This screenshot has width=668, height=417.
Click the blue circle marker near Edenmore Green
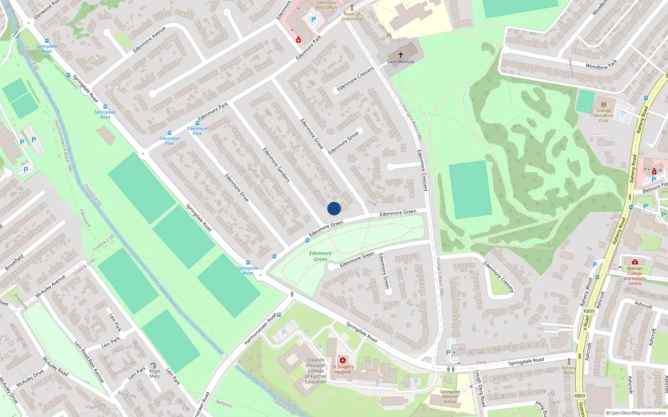(x=334, y=208)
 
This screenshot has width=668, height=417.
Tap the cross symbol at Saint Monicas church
(x=401, y=55)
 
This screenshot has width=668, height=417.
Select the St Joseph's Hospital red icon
(x=343, y=360)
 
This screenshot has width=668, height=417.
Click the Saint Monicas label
(x=401, y=62)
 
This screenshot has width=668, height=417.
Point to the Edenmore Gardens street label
(x=276, y=164)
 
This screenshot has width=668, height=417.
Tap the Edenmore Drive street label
(x=237, y=188)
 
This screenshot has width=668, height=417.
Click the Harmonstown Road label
(x=261, y=329)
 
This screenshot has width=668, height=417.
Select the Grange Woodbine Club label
(x=603, y=116)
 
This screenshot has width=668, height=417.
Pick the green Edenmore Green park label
(x=320, y=256)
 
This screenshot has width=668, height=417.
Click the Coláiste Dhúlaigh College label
(x=316, y=371)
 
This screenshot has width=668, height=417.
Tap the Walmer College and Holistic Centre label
(x=635, y=276)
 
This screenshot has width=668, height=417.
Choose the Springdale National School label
(x=450, y=397)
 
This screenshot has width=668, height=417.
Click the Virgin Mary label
(x=154, y=374)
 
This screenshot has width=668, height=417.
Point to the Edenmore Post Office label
(x=326, y=5)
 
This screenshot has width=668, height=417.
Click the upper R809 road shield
(x=589, y=311)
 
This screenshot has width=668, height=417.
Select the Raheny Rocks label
(x=569, y=370)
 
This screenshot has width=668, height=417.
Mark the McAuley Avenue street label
(x=51, y=286)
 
